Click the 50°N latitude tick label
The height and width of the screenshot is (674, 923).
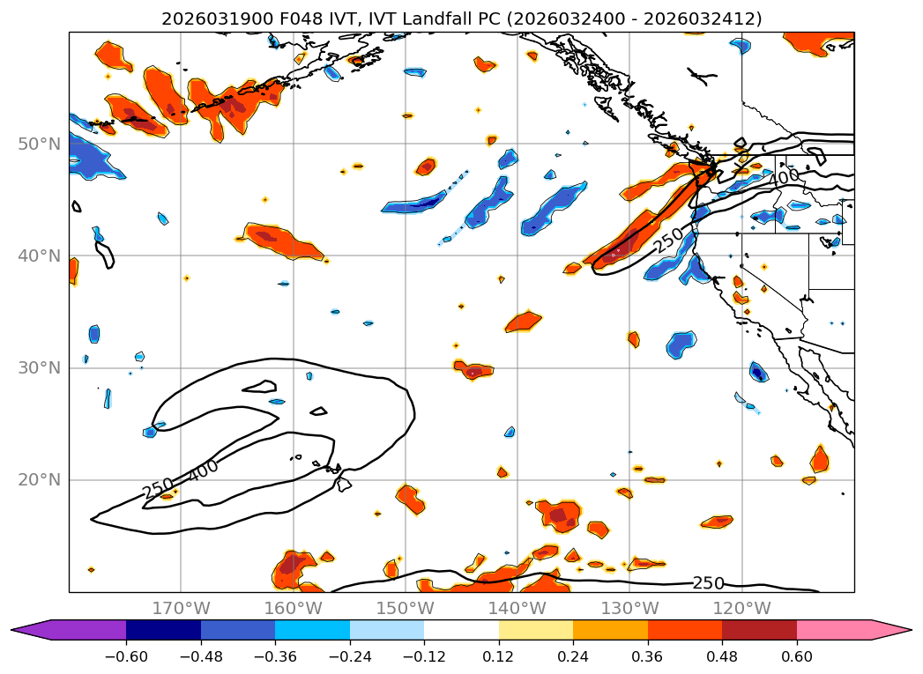point(40,144)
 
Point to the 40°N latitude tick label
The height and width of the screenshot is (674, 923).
point(40,256)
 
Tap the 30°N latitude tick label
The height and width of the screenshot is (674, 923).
point(40,367)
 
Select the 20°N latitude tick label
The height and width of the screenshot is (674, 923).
point(40,480)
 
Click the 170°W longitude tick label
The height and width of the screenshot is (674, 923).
point(181,608)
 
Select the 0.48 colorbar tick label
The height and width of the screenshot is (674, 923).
point(722,656)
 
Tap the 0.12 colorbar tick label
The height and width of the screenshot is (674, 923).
point(499,656)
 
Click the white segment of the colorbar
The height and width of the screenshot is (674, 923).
point(461,630)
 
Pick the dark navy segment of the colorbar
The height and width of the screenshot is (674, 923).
point(163,630)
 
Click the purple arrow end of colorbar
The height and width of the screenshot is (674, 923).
point(31,630)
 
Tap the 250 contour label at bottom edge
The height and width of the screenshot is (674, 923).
point(708,583)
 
